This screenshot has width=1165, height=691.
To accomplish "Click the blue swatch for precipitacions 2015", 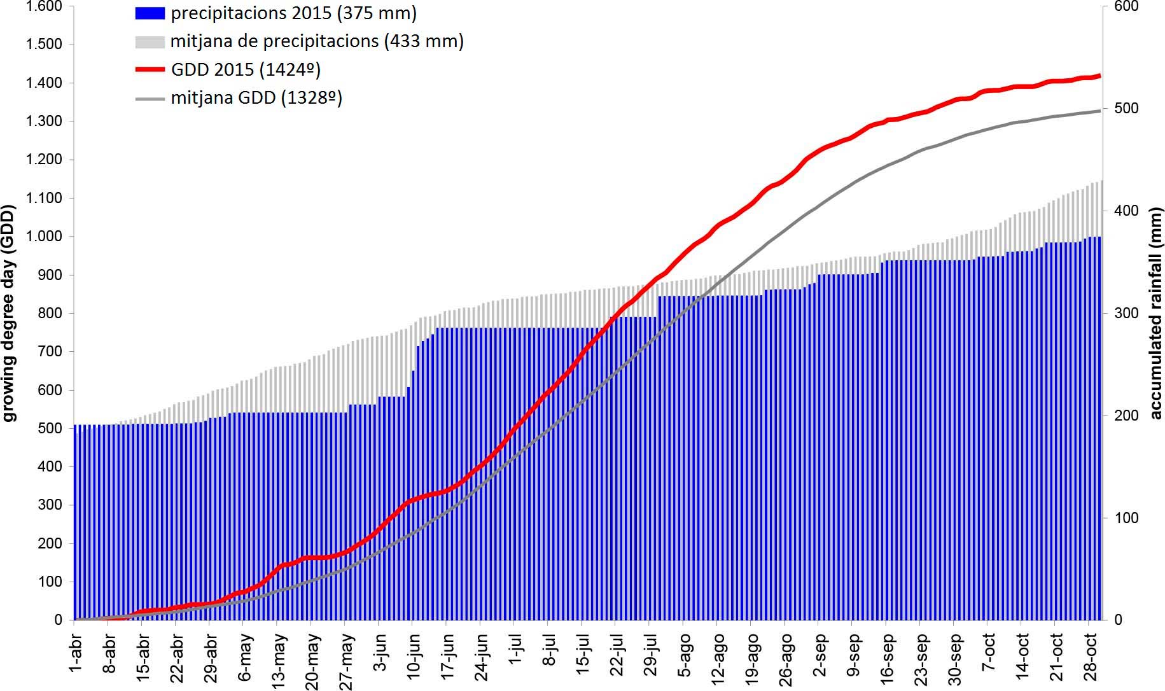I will coord(150,13).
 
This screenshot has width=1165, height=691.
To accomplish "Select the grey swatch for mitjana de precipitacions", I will coord(150,42).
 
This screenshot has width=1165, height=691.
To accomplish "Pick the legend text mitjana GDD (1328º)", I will coord(256,98).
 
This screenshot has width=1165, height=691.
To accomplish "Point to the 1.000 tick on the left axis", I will coord(44,237).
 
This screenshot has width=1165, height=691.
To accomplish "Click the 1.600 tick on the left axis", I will coord(44,6).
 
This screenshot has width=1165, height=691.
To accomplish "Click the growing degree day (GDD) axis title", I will coord(9,313).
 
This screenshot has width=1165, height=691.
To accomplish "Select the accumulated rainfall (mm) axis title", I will coord(1155,313).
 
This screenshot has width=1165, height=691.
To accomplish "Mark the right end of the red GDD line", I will coord(1099,76).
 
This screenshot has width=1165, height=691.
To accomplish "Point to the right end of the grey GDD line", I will coord(1099,111).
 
